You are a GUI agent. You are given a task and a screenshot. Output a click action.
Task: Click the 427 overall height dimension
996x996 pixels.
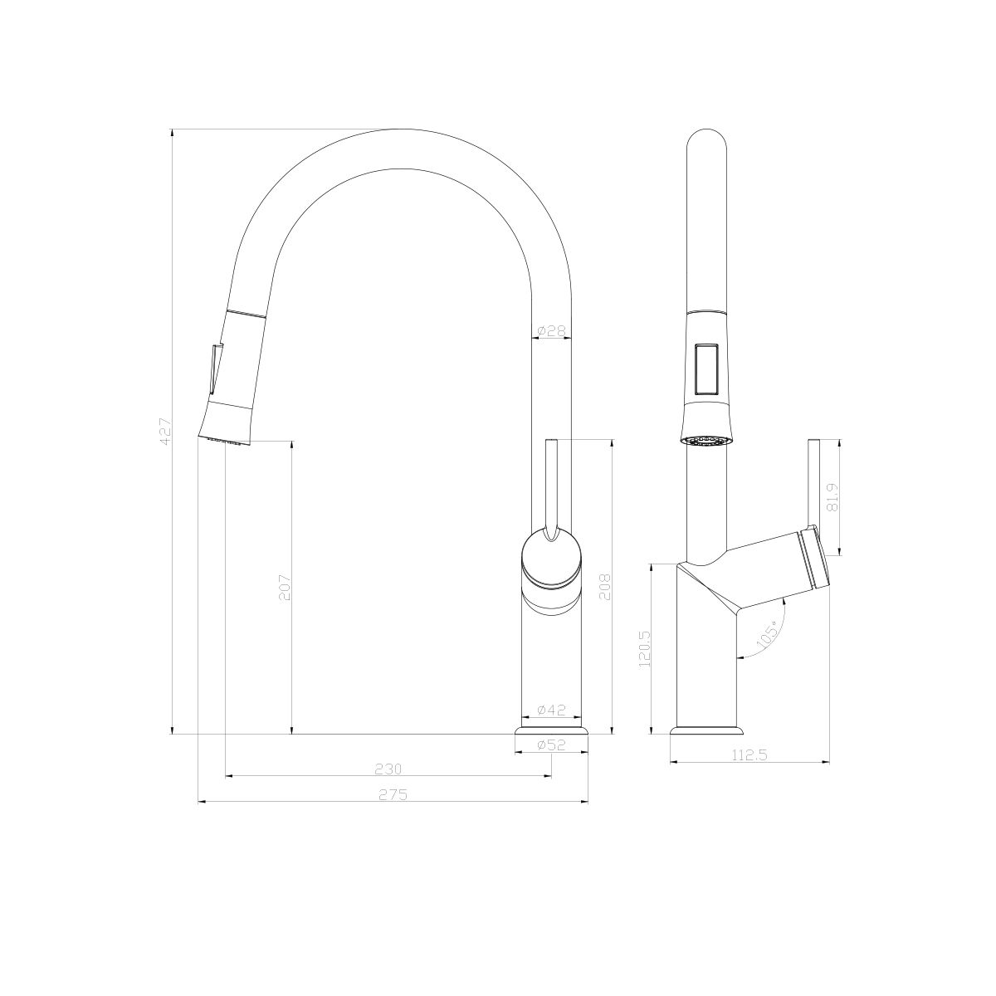pos(164,432)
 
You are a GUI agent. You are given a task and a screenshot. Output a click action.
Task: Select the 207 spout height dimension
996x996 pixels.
pos(285,588)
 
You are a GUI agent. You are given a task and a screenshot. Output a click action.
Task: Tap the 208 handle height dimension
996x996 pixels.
pos(604,588)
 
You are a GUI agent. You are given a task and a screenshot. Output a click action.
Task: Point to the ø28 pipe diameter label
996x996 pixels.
pos(551,331)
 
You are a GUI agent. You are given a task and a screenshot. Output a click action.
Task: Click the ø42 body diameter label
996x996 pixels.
pos(551,710)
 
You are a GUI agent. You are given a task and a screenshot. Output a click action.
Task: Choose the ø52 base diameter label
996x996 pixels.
pos(551,745)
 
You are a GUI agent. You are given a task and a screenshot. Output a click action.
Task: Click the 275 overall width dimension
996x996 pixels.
pos(393,794)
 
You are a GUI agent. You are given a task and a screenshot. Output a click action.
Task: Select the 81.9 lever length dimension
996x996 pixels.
pos(833,497)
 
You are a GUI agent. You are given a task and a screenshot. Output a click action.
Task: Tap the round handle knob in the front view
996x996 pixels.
pos(551,560)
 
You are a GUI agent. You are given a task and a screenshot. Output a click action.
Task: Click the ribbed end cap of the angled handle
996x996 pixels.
pos(814,559)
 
